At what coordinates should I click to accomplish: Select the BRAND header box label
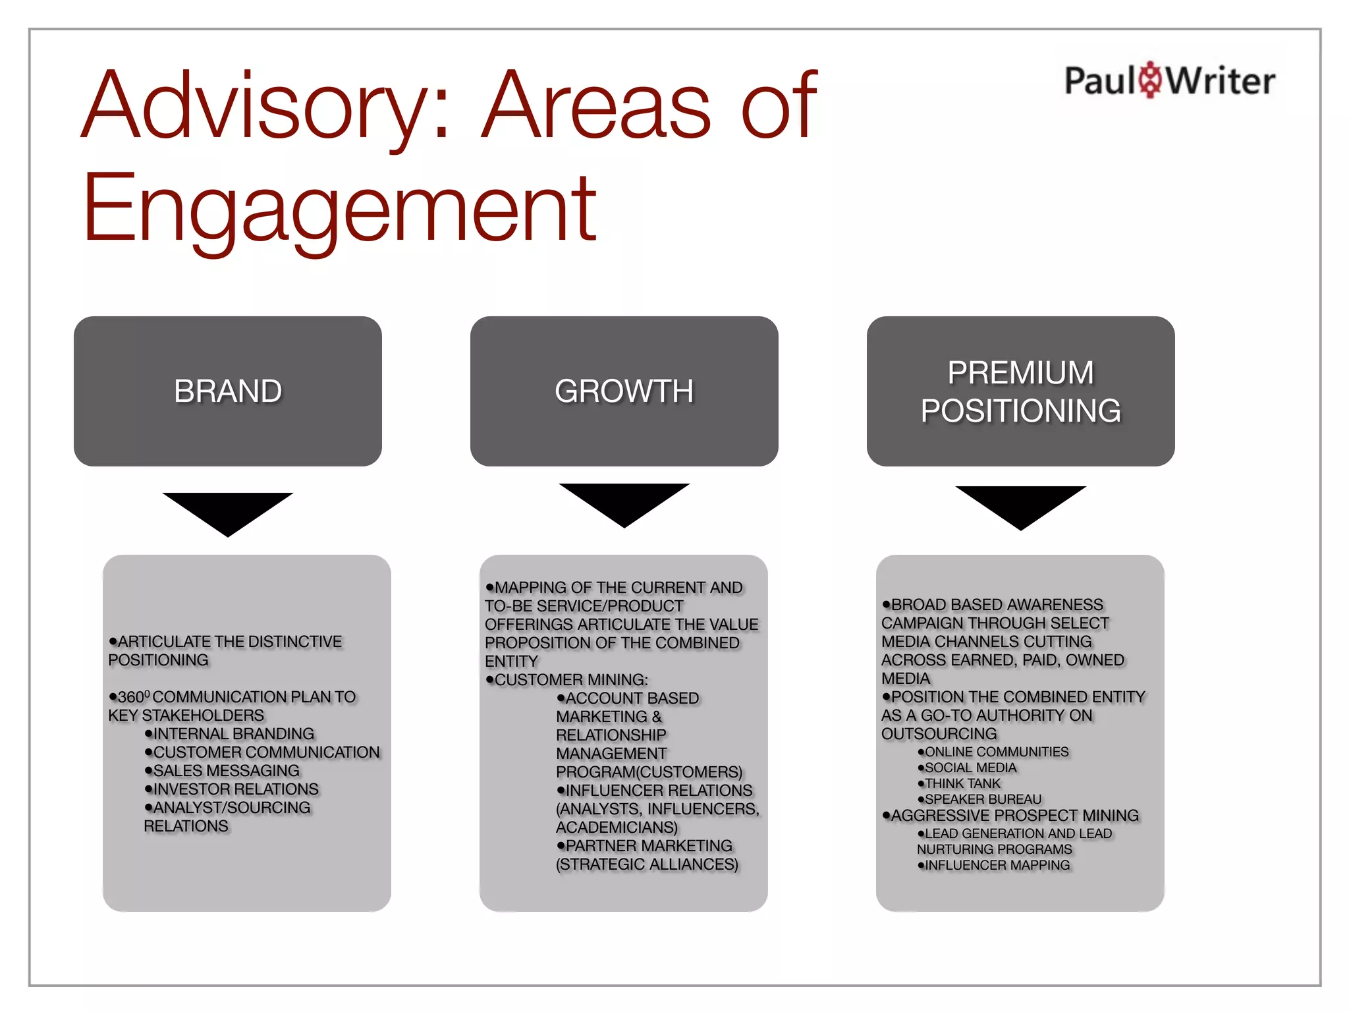[x=228, y=391]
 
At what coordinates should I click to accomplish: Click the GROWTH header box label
[x=624, y=391]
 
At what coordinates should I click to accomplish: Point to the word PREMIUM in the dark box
[x=1020, y=372]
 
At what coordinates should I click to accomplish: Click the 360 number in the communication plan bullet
[x=132, y=697]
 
